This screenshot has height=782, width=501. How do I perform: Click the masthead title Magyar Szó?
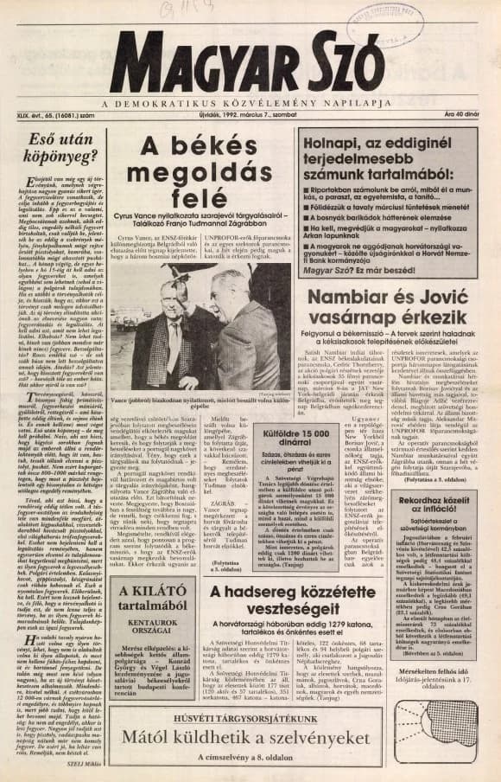point(246,62)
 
